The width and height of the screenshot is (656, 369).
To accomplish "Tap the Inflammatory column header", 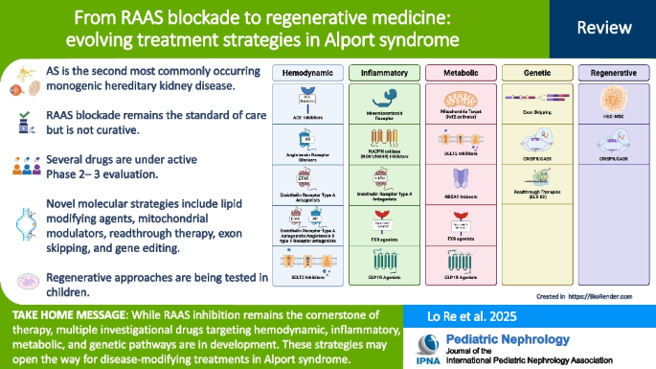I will coord(377,73).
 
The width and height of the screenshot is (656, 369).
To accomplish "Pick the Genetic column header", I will coord(532,73).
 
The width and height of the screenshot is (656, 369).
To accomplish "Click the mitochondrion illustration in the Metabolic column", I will coord(455,99).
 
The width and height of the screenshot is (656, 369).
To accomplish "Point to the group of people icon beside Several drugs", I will coord(23,165).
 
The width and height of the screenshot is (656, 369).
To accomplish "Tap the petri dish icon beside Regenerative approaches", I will coord(23,280).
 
